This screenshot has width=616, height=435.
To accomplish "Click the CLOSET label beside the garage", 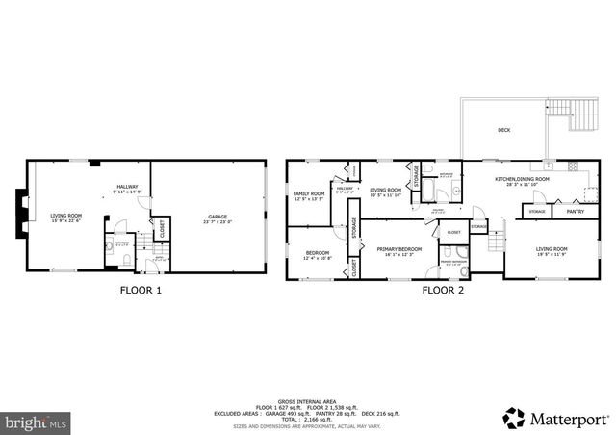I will point(162,230).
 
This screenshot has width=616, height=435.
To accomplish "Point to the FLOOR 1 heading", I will point(141,289).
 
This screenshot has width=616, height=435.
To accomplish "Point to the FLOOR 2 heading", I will point(443,289).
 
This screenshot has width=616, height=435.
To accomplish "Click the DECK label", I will point(503,130).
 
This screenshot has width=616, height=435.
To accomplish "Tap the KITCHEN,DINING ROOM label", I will point(522,180).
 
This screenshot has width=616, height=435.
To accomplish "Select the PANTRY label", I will point(575,211).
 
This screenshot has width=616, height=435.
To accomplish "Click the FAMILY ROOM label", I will point(310,196).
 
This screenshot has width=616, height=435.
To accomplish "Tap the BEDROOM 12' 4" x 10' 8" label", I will point(317,254).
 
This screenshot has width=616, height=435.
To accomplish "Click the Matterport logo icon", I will point(515,419).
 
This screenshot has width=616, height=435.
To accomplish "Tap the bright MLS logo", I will point(37,421).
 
